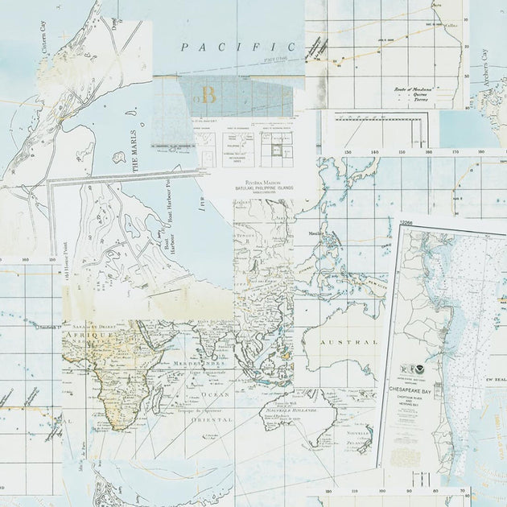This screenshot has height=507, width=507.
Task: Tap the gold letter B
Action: (208, 96)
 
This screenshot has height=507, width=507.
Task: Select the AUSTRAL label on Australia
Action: (348, 342)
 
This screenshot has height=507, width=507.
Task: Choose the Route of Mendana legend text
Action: (416, 89)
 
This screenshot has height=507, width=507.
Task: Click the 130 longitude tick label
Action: (347, 150)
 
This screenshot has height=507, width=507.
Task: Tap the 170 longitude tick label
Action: (455, 150)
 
